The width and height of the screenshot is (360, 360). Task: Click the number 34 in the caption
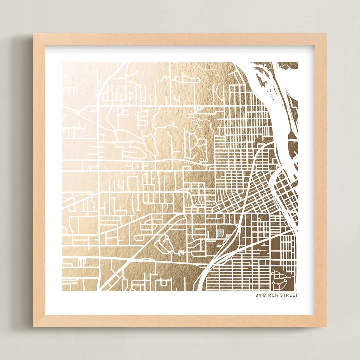click(x=258, y=295)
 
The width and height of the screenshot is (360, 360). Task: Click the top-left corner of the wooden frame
click(x=34, y=34)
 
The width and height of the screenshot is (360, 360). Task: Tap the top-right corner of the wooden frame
click(x=325, y=34)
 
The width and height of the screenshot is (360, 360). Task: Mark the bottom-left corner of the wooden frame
click(x=34, y=326)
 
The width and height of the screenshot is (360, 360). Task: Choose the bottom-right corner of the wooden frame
click(x=325, y=326)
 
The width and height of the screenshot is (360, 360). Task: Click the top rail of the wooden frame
click(x=180, y=39)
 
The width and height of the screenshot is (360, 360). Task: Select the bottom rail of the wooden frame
click(x=180, y=321)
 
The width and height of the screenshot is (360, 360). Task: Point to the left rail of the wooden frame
click(x=39, y=180)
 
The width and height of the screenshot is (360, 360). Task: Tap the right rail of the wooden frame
click(x=320, y=180)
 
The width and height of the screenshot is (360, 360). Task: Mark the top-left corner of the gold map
click(x=63, y=63)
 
